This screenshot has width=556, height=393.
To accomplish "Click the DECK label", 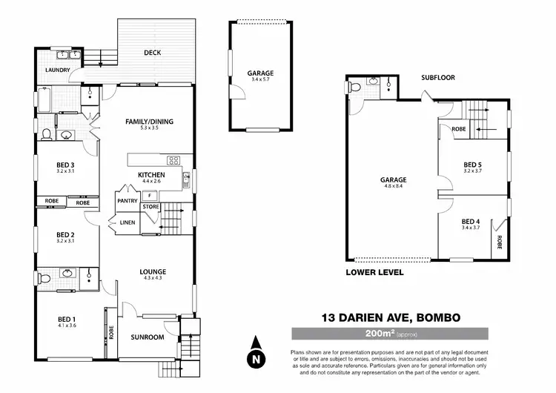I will pyautogui.click(x=153, y=53).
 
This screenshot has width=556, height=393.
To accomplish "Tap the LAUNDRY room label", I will pyautogui.click(x=57, y=70).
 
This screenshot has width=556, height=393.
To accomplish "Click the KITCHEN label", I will pyautogui.click(x=150, y=174).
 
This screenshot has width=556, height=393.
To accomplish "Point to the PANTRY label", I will pyautogui.click(x=125, y=201).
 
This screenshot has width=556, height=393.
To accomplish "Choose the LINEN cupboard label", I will pyautogui.click(x=128, y=222).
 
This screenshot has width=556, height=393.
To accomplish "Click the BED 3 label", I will pyautogui.click(x=65, y=165).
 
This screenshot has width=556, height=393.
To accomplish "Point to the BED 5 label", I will pyautogui.click(x=472, y=165).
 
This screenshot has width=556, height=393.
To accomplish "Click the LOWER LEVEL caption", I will pyautogui.click(x=374, y=273).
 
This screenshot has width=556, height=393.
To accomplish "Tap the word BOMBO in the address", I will pyautogui.click(x=434, y=317).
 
